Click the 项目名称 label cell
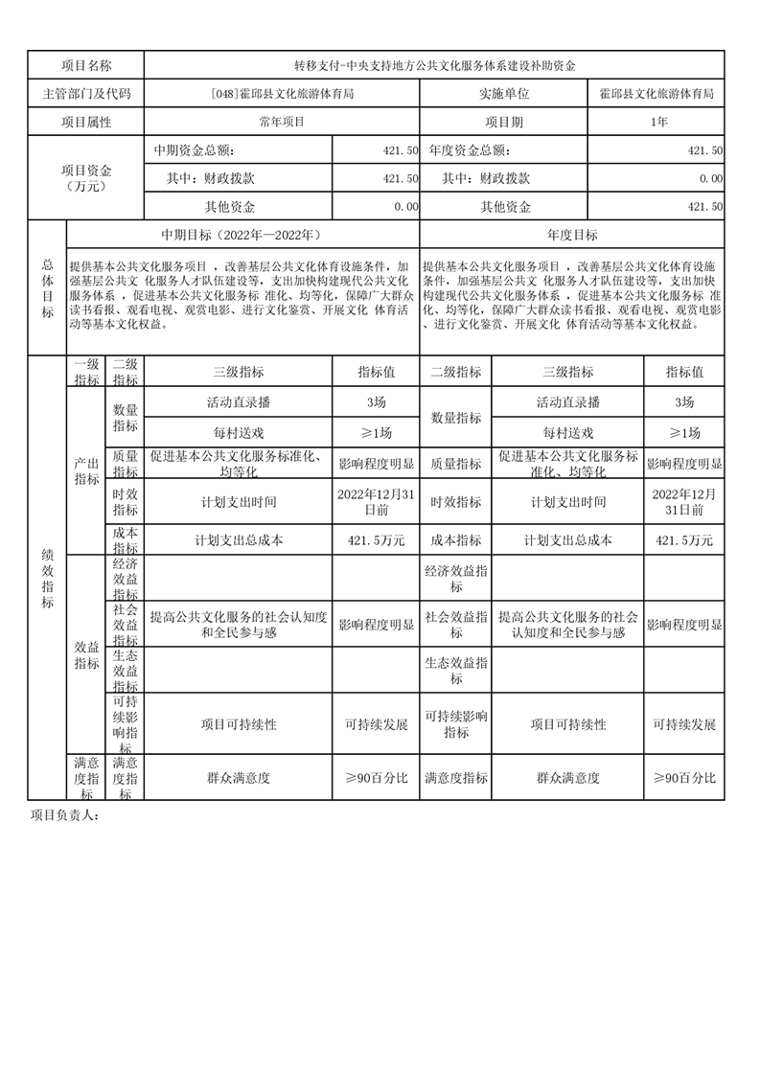click(x=86, y=65)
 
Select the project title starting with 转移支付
click(x=434, y=65)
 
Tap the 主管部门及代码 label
click(x=86, y=94)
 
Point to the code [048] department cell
click(x=282, y=94)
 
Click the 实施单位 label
click(x=504, y=94)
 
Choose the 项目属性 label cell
click(x=86, y=122)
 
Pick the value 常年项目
click(x=282, y=122)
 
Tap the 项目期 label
click(x=504, y=122)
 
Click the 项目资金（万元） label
click(x=86, y=178)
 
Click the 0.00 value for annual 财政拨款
click(x=710, y=179)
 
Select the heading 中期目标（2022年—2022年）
click(x=242, y=235)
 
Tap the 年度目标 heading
click(x=572, y=235)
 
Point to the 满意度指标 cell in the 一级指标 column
click(x=85, y=777)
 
